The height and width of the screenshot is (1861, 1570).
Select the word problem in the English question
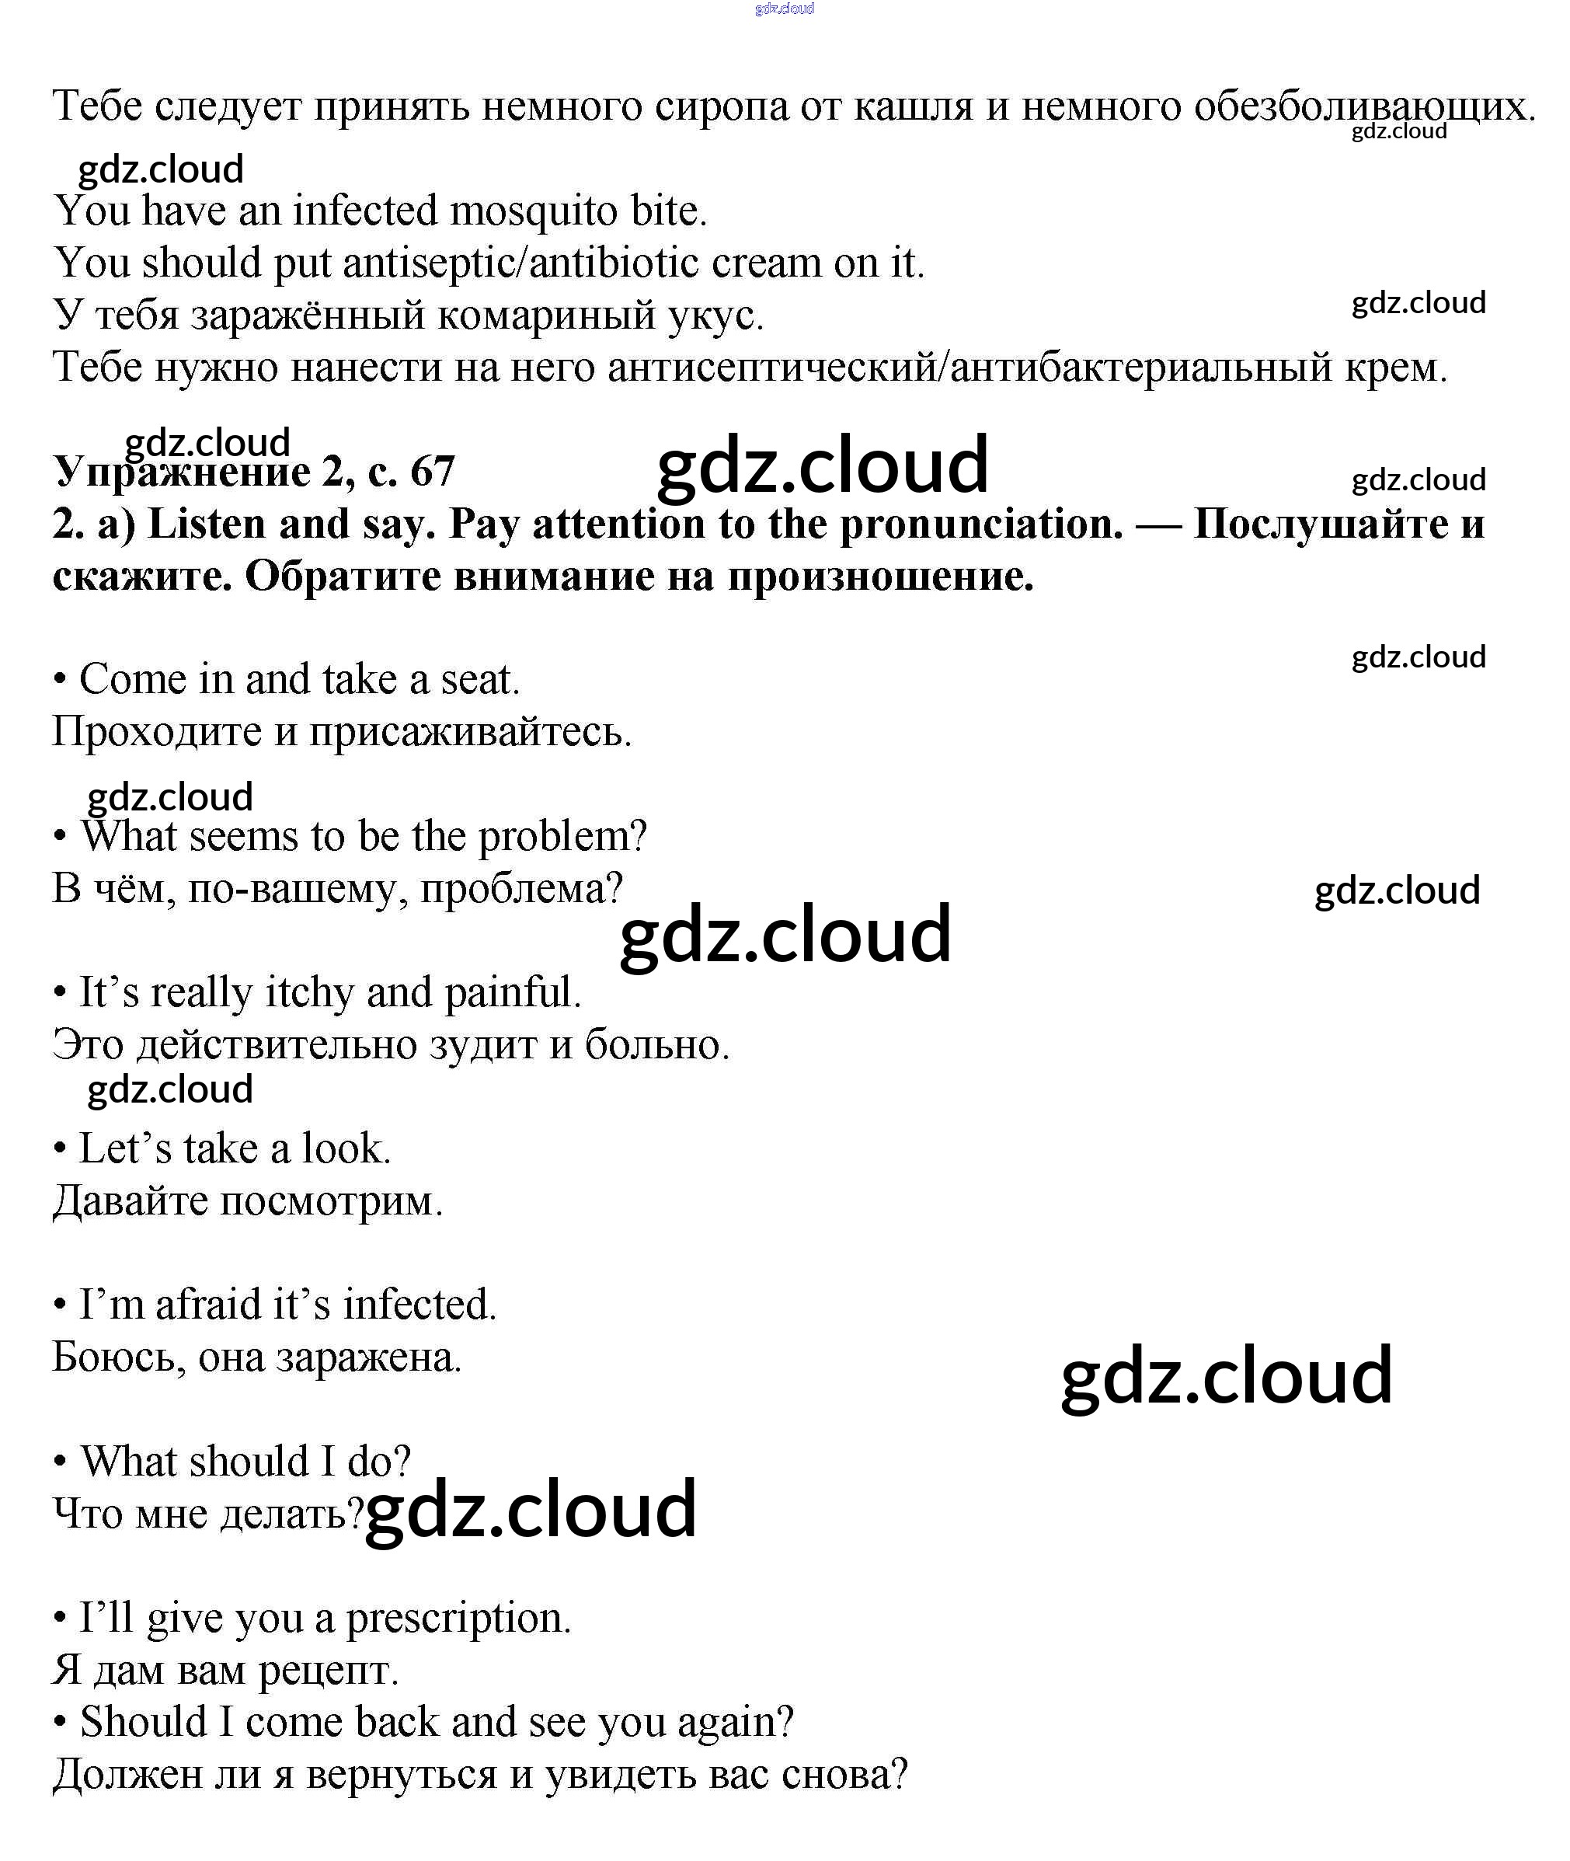(x=562, y=837)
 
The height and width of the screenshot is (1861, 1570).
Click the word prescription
(x=458, y=1618)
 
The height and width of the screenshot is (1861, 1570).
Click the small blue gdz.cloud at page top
(x=784, y=9)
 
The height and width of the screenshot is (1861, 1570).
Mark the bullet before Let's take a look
(x=61, y=1149)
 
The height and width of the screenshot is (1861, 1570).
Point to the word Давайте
(x=130, y=1201)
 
